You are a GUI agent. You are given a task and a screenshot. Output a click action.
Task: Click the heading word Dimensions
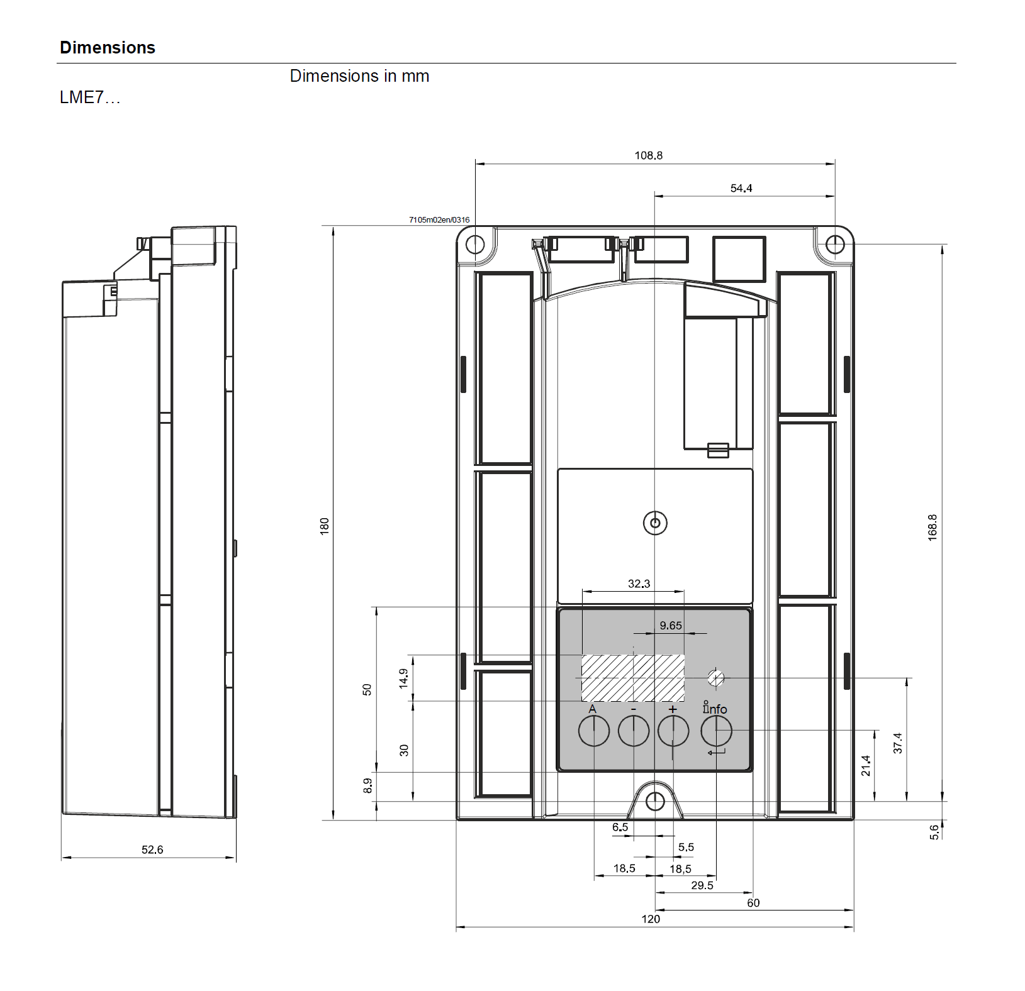(107, 48)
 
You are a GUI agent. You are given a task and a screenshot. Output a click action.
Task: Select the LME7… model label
(90, 97)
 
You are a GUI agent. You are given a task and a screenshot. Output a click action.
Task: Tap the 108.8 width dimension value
(648, 155)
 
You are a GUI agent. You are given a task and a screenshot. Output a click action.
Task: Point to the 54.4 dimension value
(741, 188)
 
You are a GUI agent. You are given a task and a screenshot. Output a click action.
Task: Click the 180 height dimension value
(325, 526)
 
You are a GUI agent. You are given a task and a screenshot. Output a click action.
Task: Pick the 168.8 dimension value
(933, 528)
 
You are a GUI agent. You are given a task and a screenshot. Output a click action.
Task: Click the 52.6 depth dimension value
(152, 850)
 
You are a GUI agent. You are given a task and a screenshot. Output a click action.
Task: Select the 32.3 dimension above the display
(639, 584)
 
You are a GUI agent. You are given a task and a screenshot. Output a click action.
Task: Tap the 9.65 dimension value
(671, 626)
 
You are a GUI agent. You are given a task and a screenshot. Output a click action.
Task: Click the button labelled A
(593, 731)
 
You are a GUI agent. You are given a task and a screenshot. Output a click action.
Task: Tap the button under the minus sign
(634, 731)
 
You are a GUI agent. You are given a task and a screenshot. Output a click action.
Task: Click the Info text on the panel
(715, 709)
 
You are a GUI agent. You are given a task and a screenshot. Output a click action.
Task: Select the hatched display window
(633, 678)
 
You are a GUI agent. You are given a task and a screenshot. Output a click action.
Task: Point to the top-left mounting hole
(475, 244)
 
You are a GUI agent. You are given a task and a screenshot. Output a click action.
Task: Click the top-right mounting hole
(835, 244)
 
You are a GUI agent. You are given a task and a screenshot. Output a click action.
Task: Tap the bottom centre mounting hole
(655, 802)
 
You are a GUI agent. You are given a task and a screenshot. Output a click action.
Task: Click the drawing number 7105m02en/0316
(439, 220)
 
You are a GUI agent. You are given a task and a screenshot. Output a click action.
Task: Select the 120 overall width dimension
(651, 919)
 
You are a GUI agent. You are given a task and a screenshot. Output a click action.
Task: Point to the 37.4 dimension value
(898, 743)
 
